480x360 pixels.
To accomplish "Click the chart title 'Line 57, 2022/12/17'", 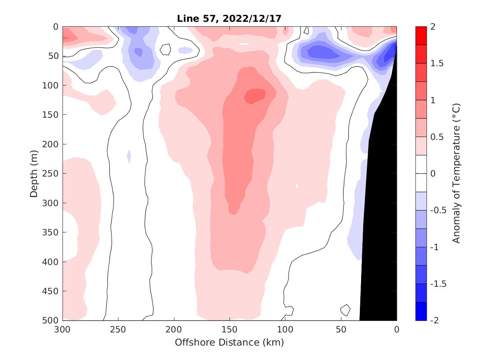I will coord(229,19).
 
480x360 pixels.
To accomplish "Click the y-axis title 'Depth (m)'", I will coord(35,174).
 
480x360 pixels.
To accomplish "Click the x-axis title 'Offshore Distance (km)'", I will coord(229,342).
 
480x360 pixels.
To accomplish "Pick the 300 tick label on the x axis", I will coord(63,330).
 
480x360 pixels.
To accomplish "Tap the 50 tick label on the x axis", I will coord(341,330).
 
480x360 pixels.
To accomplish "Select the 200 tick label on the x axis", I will coord(174,330).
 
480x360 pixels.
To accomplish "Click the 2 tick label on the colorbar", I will coord(432,27).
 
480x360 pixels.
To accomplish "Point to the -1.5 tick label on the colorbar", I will coord(437,284).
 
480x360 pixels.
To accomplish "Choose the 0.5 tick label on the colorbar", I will coord(436,137).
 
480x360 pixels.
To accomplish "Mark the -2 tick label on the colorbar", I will coord(434,320).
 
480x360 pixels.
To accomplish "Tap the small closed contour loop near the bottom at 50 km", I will coord(345,309).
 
